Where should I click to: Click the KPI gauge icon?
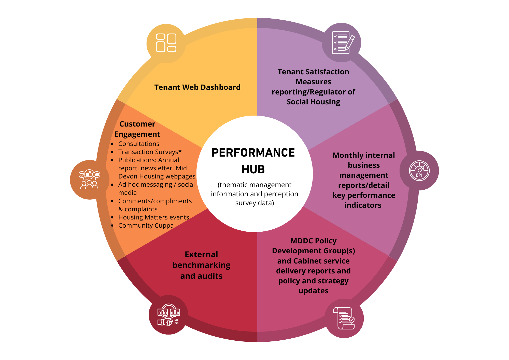[x=419, y=171]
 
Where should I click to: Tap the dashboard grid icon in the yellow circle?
[x=166, y=43]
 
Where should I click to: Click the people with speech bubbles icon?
[x=89, y=179]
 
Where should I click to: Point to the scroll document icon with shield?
[x=344, y=318]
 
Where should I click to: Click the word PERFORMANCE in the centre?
[x=253, y=153]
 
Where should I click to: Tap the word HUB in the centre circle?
[x=253, y=169]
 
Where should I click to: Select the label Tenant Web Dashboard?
[x=197, y=87]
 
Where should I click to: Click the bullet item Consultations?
[x=139, y=144]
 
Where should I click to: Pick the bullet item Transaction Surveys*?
[x=150, y=152]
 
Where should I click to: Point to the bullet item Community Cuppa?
[x=146, y=226]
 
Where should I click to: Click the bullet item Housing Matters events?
[x=153, y=217]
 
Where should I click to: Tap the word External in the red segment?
[x=201, y=254]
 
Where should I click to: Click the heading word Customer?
[x=137, y=124]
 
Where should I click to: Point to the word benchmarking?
[x=201, y=265]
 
